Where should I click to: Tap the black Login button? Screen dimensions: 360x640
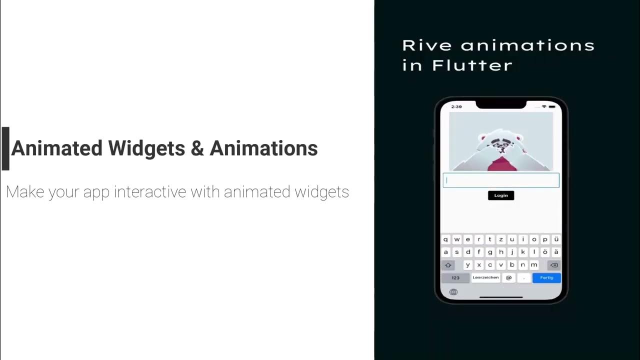click(x=501, y=195)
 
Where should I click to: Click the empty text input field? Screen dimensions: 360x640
click(x=501, y=180)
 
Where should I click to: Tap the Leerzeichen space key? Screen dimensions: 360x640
click(x=485, y=277)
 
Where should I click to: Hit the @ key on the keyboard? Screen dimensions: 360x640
click(x=509, y=277)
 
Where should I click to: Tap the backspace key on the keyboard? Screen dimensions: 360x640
click(x=553, y=265)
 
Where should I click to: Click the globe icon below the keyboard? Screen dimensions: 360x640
click(x=453, y=292)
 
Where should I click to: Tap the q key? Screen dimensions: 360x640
click(x=445, y=239)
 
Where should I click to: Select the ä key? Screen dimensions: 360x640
click(x=556, y=252)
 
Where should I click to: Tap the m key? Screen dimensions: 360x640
click(x=534, y=265)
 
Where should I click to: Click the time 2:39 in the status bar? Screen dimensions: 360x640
click(x=456, y=106)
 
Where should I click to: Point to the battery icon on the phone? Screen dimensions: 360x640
click(x=552, y=106)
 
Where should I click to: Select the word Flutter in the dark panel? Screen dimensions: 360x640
click(x=472, y=65)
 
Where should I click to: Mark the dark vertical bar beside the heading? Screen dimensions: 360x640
click(x=5, y=148)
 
